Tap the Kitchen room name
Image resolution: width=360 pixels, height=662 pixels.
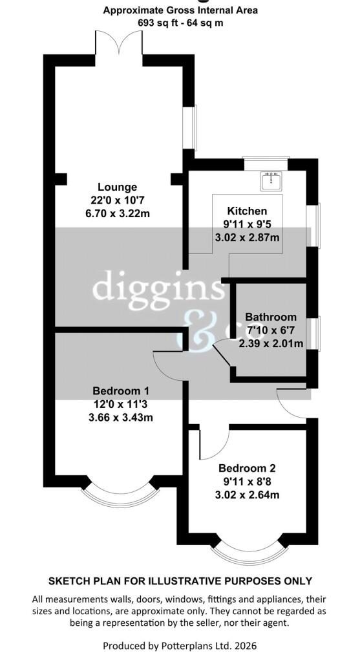(x=246, y=211)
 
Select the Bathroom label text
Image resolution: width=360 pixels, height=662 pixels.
(x=271, y=317)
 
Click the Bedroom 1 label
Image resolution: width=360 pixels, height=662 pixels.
(x=121, y=390)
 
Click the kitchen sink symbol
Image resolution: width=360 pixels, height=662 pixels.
(x=271, y=180)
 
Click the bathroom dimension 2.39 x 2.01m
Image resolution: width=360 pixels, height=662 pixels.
(x=271, y=344)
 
